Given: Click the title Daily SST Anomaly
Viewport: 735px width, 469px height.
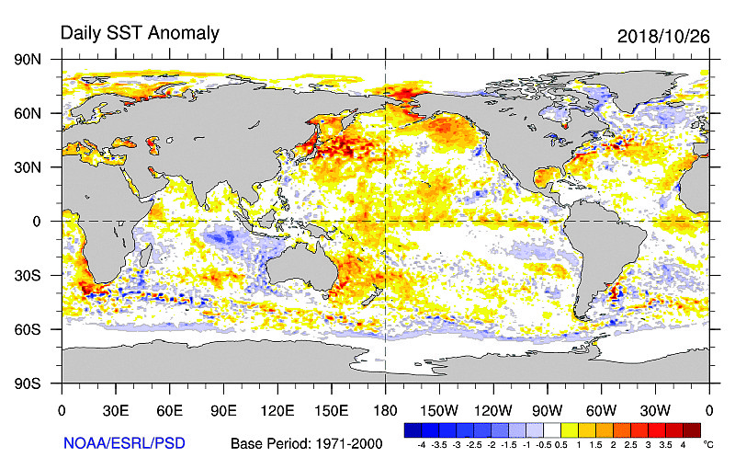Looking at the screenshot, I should [x=140, y=33].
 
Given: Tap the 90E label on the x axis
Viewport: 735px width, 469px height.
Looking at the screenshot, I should [x=223, y=409].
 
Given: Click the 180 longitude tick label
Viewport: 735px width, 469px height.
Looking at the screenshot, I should [x=385, y=409].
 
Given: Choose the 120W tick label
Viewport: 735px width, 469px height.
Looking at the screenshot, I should [x=493, y=409].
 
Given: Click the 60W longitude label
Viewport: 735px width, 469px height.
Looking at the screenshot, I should [x=601, y=409].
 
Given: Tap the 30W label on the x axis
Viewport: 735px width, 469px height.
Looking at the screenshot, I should [x=655, y=409].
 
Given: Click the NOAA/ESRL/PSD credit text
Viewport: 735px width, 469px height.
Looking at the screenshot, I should [x=124, y=443].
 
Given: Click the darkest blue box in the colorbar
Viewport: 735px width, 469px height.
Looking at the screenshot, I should [x=413, y=429].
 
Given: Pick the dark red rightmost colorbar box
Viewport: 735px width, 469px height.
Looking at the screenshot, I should [x=692, y=429].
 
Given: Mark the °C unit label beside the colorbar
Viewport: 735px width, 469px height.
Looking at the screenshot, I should [x=708, y=444].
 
